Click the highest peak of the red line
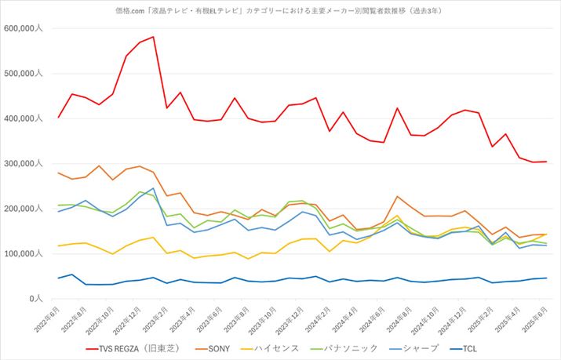[x=153, y=37]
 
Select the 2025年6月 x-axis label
[x=536, y=318]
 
